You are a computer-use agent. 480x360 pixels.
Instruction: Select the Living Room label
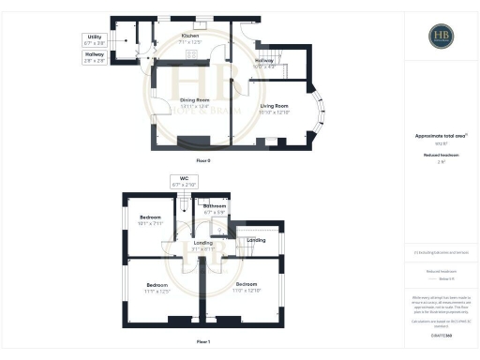pos(276,110)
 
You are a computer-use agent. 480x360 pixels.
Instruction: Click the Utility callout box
pos(95,41)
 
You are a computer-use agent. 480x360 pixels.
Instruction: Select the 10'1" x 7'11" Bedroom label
pos(151,220)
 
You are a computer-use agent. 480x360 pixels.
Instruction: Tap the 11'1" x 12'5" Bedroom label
pos(157,287)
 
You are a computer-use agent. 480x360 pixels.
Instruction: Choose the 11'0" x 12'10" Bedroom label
pos(247,286)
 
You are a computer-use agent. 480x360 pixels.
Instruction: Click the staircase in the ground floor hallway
pos(280,55)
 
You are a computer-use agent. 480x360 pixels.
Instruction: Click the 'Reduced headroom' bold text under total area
pos(441,155)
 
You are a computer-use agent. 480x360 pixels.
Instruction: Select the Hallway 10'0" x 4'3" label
pos(264,64)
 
